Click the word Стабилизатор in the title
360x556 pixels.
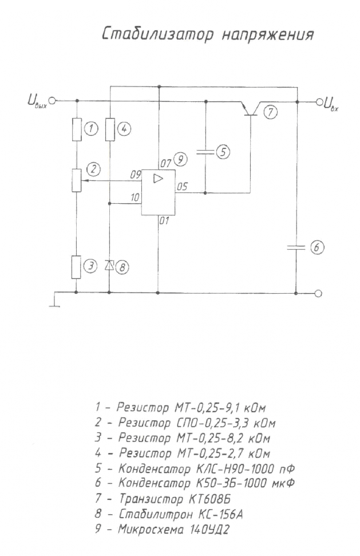coord(157,35)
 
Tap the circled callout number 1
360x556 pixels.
coord(92,128)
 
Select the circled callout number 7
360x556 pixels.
coord(270,112)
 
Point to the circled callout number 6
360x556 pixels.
coord(317,247)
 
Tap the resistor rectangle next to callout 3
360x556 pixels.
coord(76,267)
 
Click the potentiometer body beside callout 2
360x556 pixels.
coord(76,180)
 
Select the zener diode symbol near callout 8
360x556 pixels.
coord(109,265)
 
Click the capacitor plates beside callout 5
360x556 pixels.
coord(205,152)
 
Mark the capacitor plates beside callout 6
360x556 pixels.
coord(296,247)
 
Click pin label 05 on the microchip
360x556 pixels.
coord(182,187)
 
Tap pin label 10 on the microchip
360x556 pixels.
coord(135,198)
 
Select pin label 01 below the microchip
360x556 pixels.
coord(164,221)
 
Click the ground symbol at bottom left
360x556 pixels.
coord(55,299)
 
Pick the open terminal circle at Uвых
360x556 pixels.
coord(52,101)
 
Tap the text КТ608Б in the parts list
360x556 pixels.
coord(207,499)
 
